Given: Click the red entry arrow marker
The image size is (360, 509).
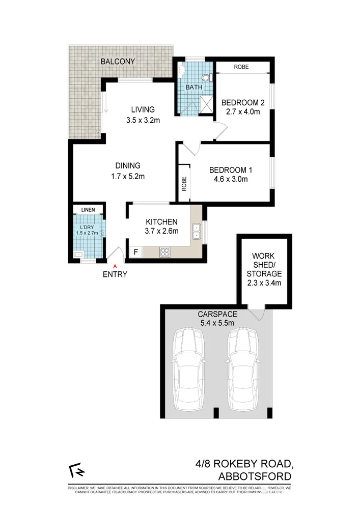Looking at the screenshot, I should click(x=115, y=265).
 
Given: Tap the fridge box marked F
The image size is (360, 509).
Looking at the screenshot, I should click(x=135, y=251).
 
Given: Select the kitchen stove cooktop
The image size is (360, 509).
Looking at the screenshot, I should click(x=166, y=251).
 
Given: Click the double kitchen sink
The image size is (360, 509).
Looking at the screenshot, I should click(x=196, y=231).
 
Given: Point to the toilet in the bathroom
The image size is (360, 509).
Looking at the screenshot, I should click(x=206, y=78).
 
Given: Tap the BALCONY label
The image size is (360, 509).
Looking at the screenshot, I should click(x=118, y=62).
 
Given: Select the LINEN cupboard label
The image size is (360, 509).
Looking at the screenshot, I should click(x=88, y=209).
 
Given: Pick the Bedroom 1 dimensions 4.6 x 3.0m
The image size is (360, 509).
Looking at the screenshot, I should click(x=230, y=179).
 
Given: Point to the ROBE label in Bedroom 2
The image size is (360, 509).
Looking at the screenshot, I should click(x=241, y=67).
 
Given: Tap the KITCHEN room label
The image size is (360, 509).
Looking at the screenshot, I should click(x=161, y=221).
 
